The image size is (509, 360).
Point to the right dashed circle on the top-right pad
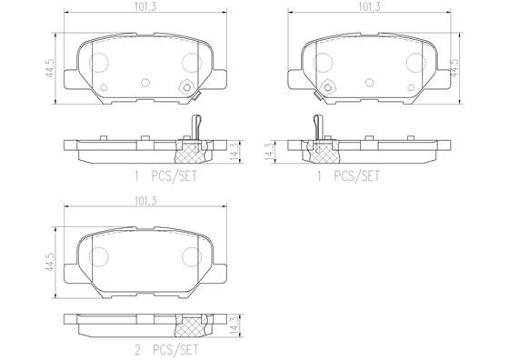[417, 62]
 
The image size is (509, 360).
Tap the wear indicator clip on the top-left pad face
[189, 90]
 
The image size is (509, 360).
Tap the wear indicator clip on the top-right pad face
[321, 91]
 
